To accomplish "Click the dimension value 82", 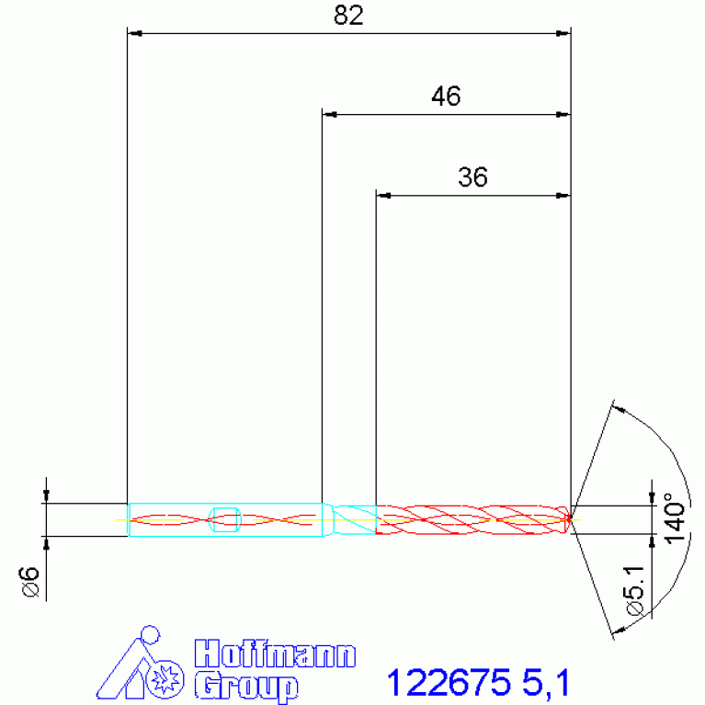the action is pos(348,16).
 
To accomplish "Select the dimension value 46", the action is pos(446,97).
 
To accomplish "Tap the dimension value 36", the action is pos(472,177).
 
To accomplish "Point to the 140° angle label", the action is pos(676,518).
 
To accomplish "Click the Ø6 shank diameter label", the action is pos(30,581).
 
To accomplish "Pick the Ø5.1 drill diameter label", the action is pos(635,589).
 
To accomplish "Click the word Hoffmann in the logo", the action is pos(275,654).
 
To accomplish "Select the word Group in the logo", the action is pos(246,687).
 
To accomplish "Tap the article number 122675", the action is pos(449,683).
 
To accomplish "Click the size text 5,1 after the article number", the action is pos(546,684).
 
